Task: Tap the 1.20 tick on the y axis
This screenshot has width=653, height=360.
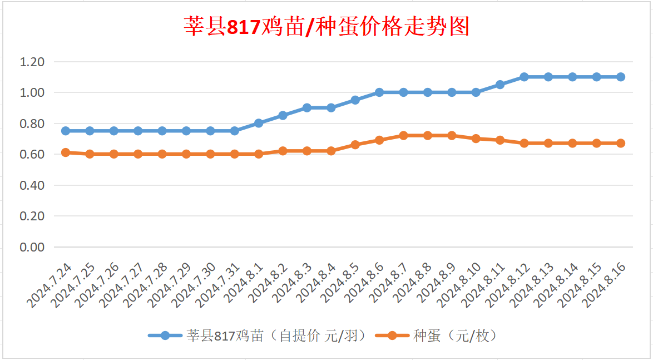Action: point(32,62)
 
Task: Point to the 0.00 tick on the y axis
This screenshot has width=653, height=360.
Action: point(32,247)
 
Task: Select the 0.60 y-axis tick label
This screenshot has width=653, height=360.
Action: point(32,154)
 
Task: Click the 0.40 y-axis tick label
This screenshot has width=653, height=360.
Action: point(32,185)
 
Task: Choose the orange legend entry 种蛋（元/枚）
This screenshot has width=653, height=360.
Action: point(454,336)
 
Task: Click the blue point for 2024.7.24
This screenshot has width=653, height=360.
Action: point(66,131)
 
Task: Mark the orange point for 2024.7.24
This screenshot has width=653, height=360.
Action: point(66,152)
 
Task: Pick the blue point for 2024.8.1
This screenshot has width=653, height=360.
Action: point(259,123)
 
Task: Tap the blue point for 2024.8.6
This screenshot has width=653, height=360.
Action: point(379,92)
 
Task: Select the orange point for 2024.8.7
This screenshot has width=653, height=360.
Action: point(403,136)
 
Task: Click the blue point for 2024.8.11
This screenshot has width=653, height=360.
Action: point(500,85)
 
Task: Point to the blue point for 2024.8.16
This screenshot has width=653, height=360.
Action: point(621,77)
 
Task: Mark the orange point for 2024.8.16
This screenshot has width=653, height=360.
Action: point(621,143)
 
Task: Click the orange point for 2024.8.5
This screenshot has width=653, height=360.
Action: point(355,145)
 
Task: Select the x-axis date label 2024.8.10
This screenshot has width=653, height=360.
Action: point(460,284)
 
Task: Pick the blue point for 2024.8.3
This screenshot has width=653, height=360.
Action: point(307,108)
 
